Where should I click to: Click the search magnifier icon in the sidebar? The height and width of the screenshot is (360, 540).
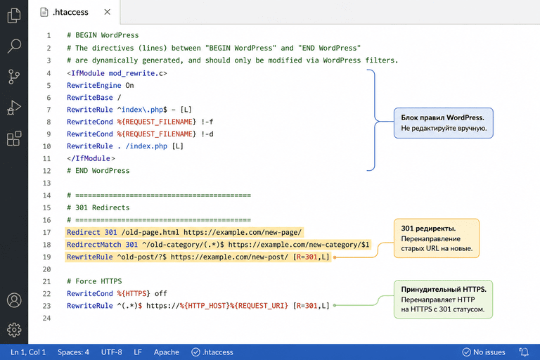(14, 46)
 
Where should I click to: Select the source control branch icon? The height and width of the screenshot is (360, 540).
(14, 77)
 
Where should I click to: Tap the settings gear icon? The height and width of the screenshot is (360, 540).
(14, 330)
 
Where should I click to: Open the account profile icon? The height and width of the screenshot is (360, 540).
(14, 300)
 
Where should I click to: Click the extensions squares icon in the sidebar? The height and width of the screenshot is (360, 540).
(14, 138)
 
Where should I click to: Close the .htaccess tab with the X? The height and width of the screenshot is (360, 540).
(108, 12)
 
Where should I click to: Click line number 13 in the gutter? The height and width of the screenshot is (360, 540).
(47, 183)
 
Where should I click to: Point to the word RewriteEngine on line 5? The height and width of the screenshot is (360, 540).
(94, 86)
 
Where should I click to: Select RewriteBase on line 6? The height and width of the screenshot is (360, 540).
(90, 98)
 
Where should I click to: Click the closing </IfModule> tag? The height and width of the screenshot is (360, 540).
(91, 158)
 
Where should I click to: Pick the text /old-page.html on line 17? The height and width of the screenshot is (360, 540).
(150, 232)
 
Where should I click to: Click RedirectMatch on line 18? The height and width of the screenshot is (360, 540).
(94, 245)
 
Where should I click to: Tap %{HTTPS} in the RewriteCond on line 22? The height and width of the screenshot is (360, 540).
(134, 293)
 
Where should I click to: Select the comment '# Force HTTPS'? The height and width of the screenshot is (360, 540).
(94, 281)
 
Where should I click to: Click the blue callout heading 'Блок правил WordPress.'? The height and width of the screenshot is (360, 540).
(442, 117)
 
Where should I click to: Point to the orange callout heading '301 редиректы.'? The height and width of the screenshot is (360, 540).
(428, 229)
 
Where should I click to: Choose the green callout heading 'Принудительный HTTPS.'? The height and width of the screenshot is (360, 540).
(444, 290)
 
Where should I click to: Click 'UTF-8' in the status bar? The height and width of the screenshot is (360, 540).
(112, 352)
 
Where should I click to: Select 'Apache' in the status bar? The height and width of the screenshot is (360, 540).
(167, 352)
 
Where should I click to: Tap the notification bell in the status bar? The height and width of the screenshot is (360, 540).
(524, 352)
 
